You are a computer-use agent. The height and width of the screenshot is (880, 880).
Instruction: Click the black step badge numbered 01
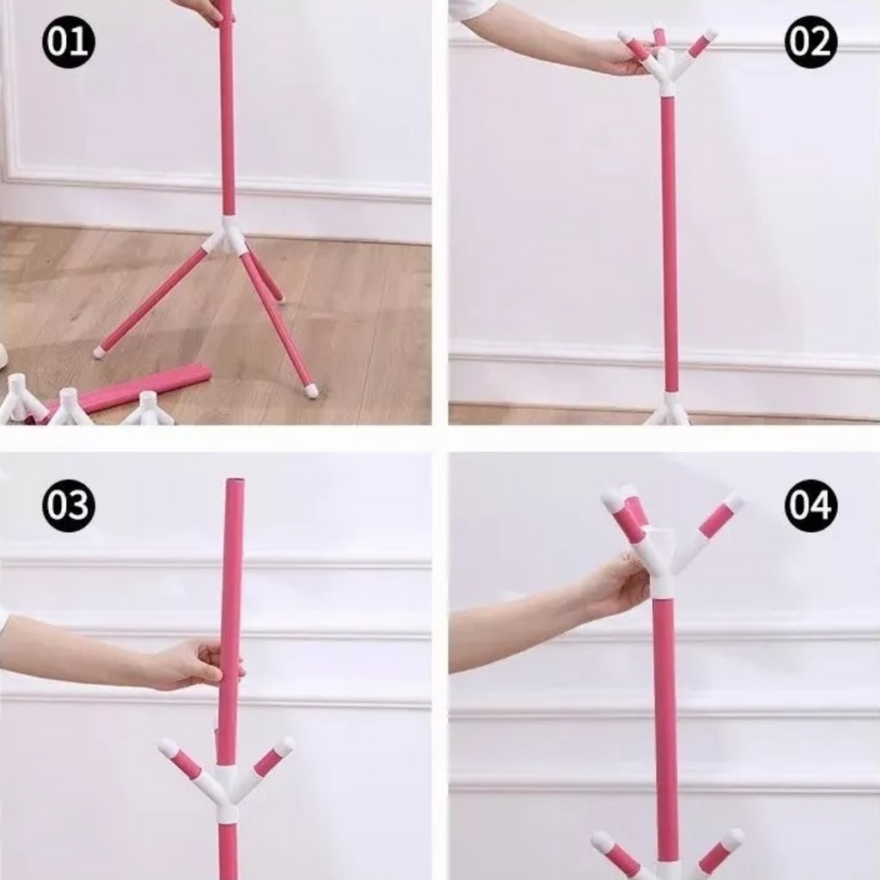tap(69, 41)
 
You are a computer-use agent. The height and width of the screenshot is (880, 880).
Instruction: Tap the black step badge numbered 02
tap(811, 41)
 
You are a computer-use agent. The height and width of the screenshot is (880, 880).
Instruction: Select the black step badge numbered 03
tap(69, 505)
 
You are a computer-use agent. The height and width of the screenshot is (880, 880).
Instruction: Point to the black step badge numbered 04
tap(811, 505)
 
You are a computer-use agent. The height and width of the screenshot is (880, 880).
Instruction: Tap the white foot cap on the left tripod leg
tap(101, 351)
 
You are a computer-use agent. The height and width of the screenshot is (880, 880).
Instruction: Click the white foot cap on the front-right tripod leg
tap(310, 390)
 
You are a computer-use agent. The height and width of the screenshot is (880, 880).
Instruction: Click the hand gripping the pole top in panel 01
tap(203, 12)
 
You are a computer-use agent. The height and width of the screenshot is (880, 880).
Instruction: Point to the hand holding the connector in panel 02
tap(617, 56)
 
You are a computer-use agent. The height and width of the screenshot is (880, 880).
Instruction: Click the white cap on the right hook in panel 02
tap(709, 35)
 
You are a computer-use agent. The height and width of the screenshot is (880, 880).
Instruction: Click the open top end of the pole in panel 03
tap(235, 481)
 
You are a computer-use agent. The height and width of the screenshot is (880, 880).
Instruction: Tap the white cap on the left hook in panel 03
tap(168, 747)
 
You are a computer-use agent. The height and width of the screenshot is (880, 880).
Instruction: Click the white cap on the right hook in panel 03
tap(284, 746)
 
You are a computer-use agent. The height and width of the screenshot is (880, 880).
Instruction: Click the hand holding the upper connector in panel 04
tap(617, 584)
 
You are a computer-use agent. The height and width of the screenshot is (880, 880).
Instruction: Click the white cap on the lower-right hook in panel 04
tap(732, 839)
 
